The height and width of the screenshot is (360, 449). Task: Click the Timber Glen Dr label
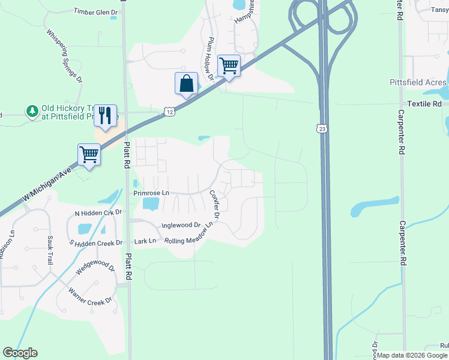[95, 11]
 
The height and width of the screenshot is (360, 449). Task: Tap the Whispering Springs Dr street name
[64, 55]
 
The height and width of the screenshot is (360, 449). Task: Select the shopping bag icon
[186, 83]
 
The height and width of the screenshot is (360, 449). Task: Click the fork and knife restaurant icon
[105, 115]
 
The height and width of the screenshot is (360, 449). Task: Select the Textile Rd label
[424, 104]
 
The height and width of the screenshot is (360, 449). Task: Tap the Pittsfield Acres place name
[418, 82]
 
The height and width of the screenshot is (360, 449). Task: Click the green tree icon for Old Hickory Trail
[31, 111]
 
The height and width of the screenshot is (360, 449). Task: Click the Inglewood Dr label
[180, 226]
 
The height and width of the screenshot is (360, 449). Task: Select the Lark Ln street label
[145, 241]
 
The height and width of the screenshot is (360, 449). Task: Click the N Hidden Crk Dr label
[98, 213]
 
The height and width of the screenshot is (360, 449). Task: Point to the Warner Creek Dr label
[91, 296]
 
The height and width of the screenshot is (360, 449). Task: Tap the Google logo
[20, 353]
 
